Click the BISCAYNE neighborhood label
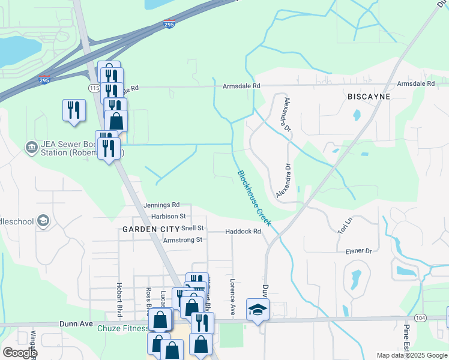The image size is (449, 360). pyautogui.click(x=369, y=97)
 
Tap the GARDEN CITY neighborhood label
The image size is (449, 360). pyautogui.click(x=151, y=229)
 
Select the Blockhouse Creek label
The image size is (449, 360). pyautogui.click(x=255, y=199)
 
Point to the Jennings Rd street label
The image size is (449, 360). pyautogui.click(x=161, y=205)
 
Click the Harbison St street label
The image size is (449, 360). pyautogui.click(x=169, y=216)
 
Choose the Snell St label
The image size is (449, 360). pyautogui.click(x=193, y=229)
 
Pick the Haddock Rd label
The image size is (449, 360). pyautogui.click(x=243, y=232)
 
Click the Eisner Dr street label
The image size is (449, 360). pyautogui.click(x=360, y=251)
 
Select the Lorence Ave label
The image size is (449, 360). pyautogui.click(x=233, y=296)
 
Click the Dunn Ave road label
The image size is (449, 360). pyautogui.click(x=74, y=323)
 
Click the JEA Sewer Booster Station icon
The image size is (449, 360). pyautogui.click(x=31, y=146)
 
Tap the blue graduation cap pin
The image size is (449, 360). pyautogui.click(x=258, y=310)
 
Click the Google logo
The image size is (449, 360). pyautogui.click(x=19, y=353)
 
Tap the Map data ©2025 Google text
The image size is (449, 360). pyautogui.click(x=411, y=355)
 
